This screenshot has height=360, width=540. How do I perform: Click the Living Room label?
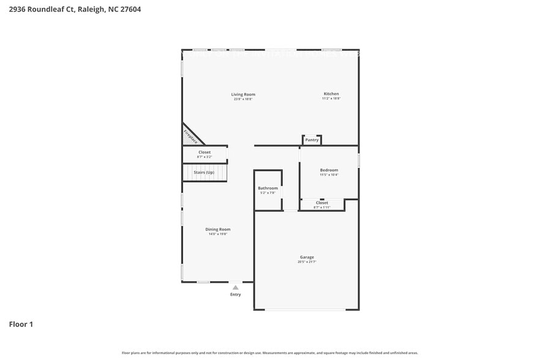click(x=243, y=94)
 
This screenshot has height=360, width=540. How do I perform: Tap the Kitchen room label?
click(x=331, y=94)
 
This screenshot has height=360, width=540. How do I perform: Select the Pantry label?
click(x=312, y=140)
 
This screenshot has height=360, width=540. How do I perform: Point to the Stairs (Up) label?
click(x=204, y=173)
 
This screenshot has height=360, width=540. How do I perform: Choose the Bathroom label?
click(x=268, y=188)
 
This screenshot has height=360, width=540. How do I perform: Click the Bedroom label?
click(x=329, y=170)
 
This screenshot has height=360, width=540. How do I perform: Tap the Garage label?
click(x=306, y=257)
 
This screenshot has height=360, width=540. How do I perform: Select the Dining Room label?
click(x=217, y=229)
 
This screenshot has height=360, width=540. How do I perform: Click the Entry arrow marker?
click(x=235, y=287)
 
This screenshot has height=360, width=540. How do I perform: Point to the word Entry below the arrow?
click(x=235, y=294)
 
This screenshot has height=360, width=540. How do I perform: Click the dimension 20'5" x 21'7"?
click(x=306, y=262)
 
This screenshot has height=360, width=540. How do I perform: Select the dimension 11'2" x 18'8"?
click(x=331, y=99)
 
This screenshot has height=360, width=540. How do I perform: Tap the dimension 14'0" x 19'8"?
click(x=217, y=234)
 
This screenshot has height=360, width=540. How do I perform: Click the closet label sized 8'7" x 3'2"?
click(x=204, y=152)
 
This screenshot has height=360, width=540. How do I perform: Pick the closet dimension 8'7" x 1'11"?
click(x=322, y=208)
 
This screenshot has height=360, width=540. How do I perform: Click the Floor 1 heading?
click(x=21, y=324)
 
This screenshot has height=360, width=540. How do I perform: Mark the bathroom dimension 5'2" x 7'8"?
click(x=268, y=193)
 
